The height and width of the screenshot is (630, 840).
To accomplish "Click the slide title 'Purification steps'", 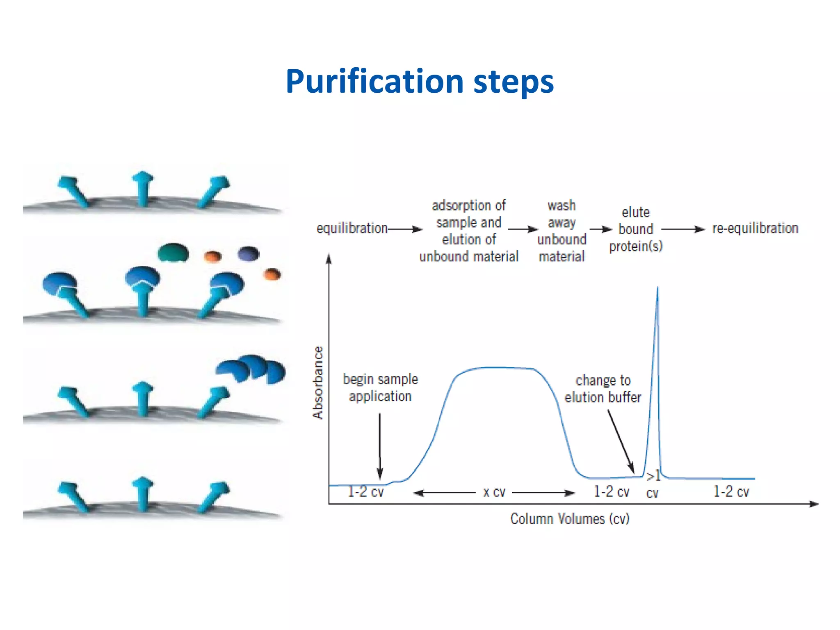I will tap(420, 82).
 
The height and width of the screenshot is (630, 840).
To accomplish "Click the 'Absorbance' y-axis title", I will tap(318, 382).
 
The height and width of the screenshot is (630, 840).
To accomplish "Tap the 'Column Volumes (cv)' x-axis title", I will tap(570, 519).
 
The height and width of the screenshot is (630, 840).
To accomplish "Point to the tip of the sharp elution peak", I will tap(657, 288).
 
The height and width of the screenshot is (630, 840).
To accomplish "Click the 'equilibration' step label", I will tap(352, 228).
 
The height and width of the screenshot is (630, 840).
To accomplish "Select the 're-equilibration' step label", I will tap(755, 228).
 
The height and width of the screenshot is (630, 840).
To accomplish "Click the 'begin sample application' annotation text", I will tap(380, 388).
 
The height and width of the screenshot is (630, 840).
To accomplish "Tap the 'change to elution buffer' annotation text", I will tap(603, 389).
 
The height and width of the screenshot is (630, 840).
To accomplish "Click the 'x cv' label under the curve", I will tap(494, 492).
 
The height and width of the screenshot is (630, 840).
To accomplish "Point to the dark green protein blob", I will tap(173, 252).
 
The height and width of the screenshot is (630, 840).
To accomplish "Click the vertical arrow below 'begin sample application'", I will tap(380, 445).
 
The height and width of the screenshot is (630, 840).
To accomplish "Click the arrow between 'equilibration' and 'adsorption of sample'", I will tap(405, 229).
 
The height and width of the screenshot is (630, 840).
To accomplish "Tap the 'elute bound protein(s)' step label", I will tap(636, 229).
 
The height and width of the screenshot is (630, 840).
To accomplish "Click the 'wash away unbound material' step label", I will tap(562, 231).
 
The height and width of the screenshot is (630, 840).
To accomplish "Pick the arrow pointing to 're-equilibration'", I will tap(683, 229).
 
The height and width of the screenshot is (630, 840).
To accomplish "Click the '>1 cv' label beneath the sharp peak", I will tap(653, 484).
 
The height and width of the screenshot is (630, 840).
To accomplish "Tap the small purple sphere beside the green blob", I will tap(249, 253).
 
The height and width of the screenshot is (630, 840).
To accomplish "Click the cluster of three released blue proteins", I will tap(251, 369).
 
